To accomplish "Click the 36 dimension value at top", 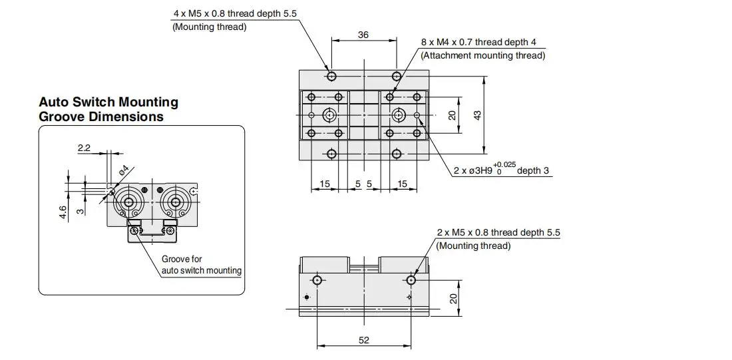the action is [x=363, y=35].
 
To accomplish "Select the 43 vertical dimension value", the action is [x=477, y=115].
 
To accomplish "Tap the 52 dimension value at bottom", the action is [x=363, y=340].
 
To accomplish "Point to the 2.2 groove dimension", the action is [x=84, y=148].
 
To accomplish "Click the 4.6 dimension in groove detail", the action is [x=63, y=213].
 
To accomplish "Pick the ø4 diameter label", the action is [x=124, y=170].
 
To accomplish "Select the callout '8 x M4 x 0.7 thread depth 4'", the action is [x=478, y=42].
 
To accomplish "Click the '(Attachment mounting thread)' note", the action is [x=482, y=56].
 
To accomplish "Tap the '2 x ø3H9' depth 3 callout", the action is [x=501, y=169].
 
